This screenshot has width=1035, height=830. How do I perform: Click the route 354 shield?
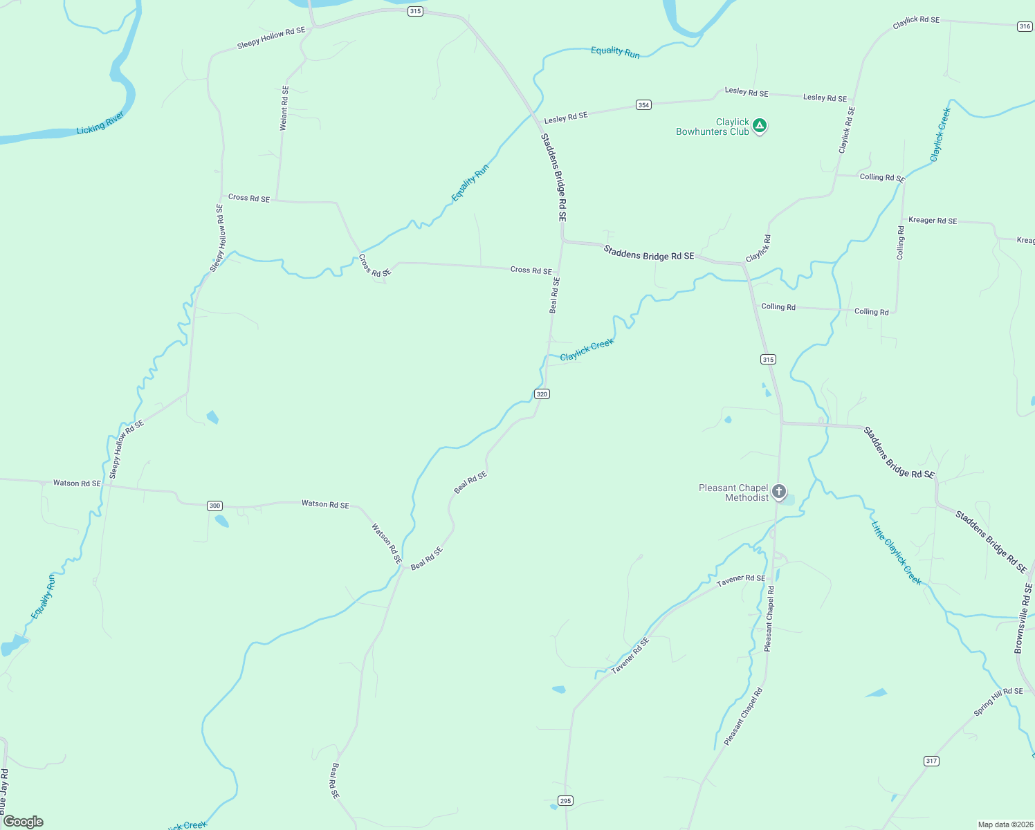click(643, 105)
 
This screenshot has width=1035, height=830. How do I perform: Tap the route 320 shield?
click(542, 394)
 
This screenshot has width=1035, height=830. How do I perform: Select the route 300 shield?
click(214, 506)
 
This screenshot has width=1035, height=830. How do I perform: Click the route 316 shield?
click(1025, 27)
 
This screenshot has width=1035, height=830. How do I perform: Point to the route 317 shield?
click(931, 761)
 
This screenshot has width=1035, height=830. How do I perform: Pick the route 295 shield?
click(566, 801)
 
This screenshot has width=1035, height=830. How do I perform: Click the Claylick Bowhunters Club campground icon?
click(760, 126)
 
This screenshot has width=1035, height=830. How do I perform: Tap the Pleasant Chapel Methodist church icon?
click(779, 492)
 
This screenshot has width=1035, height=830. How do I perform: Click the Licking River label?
click(100, 122)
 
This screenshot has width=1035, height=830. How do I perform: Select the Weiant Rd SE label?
click(284, 108)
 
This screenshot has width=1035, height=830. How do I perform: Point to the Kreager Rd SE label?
click(933, 221)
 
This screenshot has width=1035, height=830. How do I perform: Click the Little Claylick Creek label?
click(897, 553)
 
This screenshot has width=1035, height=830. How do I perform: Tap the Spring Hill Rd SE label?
click(998, 701)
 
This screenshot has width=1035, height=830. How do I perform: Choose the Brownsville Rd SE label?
click(1023, 618)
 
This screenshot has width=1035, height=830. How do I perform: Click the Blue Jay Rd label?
click(3, 791)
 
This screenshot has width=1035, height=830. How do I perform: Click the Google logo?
click(24, 822)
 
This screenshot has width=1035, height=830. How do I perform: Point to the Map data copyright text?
click(1005, 824)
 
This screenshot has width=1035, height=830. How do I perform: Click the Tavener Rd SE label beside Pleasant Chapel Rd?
click(741, 580)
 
